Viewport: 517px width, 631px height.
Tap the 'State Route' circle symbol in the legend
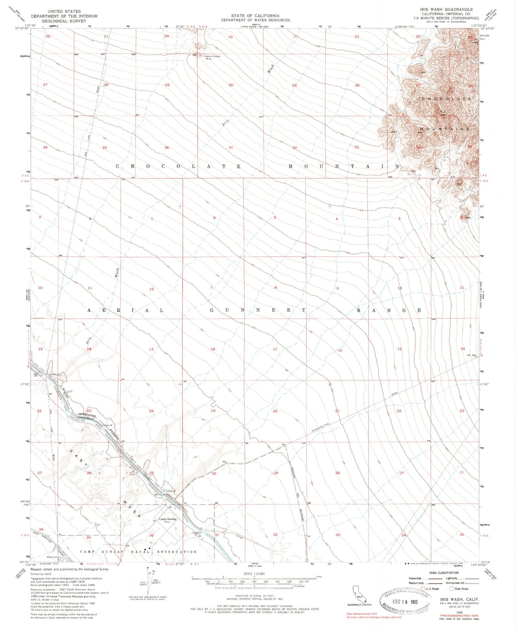pyautogui.click(x=452, y=588)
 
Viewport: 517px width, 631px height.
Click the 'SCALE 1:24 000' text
pyautogui.click(x=254, y=573)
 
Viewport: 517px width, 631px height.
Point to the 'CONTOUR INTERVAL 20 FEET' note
pyautogui.click(x=254, y=596)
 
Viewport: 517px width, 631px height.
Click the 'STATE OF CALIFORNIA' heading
pyautogui.click(x=255, y=16)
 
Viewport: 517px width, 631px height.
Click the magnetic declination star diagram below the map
pyautogui.click(x=148, y=579)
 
